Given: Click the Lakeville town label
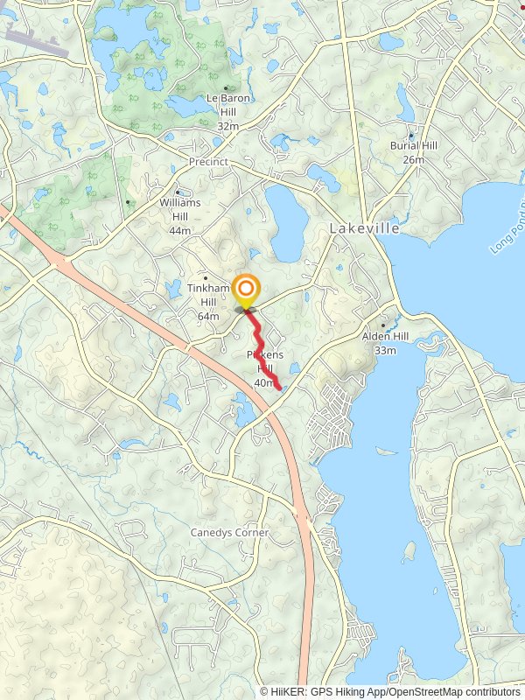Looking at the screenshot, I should coord(365,228).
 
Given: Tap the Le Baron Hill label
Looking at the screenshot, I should coord(227,105).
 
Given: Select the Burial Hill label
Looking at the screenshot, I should coord(414,148).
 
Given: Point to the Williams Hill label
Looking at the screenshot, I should coord(180,208).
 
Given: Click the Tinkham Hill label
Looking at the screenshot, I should coord(208,294).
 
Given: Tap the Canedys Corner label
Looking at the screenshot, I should coord(230,532).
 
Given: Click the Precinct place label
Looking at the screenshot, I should coord(208,162).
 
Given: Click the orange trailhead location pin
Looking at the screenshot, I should coord(247,290).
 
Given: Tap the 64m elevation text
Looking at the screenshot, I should coord(208,316).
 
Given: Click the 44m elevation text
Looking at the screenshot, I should coord(180,230).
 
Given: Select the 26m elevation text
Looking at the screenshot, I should coord(414,160).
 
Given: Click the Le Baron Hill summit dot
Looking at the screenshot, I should coord(227,87).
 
